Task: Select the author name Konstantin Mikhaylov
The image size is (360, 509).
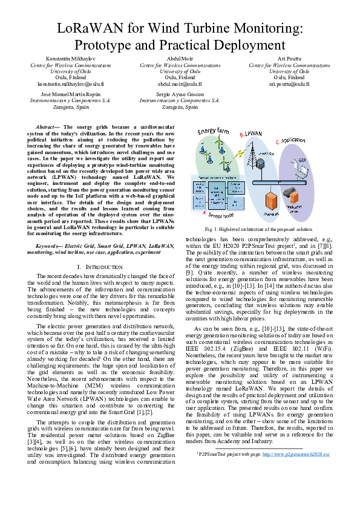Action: [71, 58]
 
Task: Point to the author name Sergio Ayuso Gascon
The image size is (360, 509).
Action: [180, 95]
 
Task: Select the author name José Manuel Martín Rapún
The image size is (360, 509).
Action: [71, 95]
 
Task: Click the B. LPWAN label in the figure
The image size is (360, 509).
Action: [250, 134]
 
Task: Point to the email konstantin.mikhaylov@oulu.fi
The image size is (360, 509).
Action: [71, 85]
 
